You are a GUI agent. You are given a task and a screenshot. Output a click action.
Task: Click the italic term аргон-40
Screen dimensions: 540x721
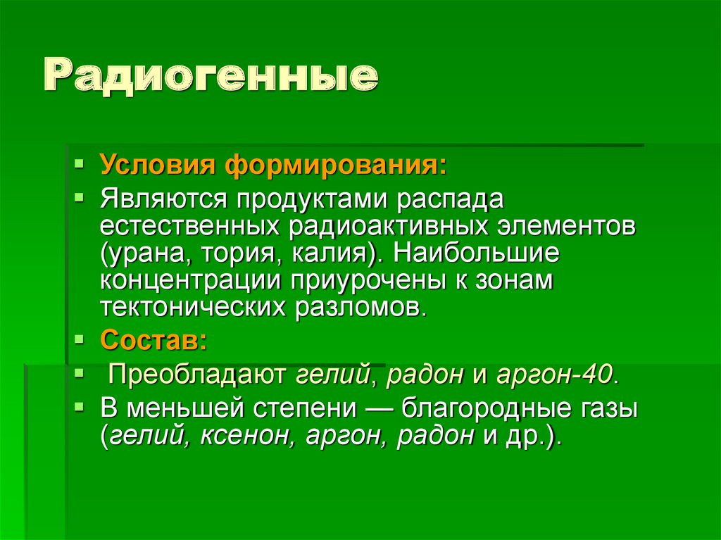click(x=555, y=373)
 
